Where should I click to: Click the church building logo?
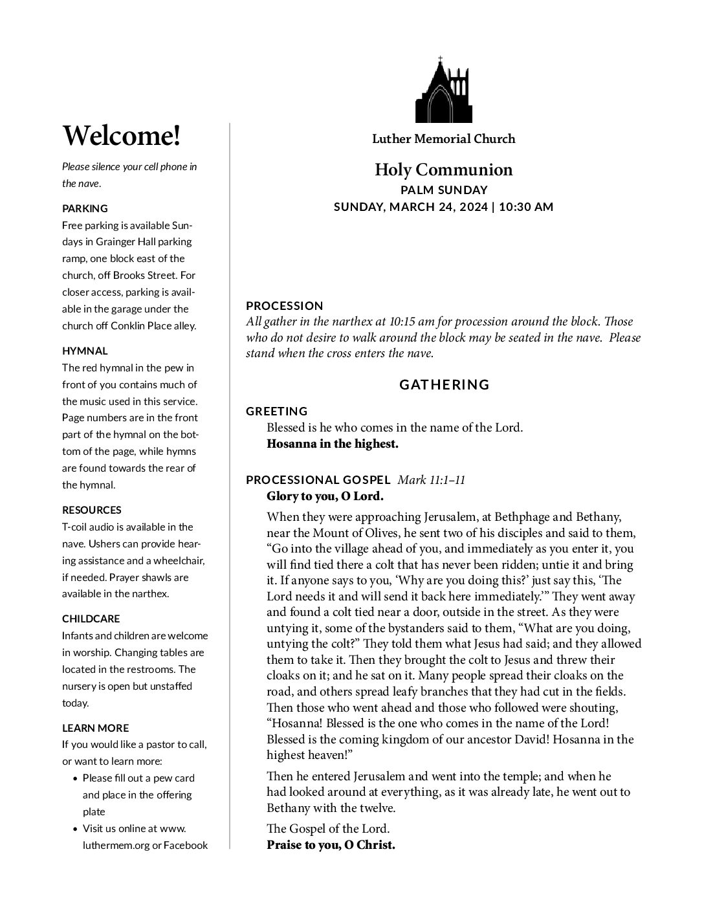(x=443, y=91)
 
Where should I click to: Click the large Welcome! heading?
(x=121, y=136)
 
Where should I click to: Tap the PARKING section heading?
(x=85, y=208)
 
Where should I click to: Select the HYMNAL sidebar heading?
(x=85, y=351)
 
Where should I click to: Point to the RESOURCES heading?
(x=92, y=510)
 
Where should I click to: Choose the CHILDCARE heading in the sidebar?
(x=91, y=619)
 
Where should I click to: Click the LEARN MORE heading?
(x=96, y=728)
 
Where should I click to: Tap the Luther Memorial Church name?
(x=443, y=138)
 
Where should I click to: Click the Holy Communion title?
(x=443, y=170)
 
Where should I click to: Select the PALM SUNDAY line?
(x=443, y=190)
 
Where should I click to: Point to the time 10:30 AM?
(x=527, y=207)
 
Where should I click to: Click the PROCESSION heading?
(x=284, y=305)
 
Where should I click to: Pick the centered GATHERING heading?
(x=444, y=385)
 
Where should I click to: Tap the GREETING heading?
(x=277, y=411)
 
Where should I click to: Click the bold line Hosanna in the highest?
(x=332, y=444)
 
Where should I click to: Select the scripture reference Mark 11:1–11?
(x=431, y=480)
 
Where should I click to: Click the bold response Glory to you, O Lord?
(x=325, y=497)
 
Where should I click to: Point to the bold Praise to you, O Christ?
(x=331, y=845)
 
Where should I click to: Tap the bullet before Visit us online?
(x=76, y=829)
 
